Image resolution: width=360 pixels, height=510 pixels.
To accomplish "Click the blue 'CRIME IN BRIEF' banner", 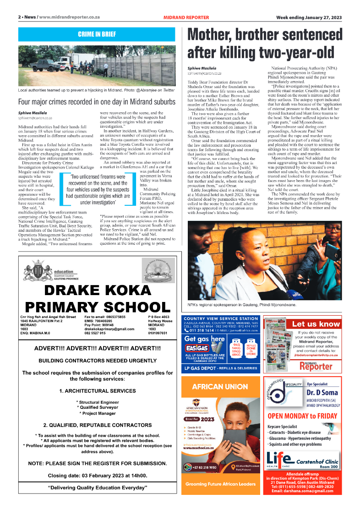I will pyautogui.click(x=96, y=34).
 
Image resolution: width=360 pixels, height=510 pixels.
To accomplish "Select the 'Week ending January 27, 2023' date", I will pyautogui.click(x=309, y=17).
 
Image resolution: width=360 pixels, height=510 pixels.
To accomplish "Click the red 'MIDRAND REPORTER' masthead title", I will pyautogui.click(x=186, y=17).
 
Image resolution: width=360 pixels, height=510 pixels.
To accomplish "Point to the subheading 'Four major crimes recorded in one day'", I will pyautogui.click(x=96, y=102).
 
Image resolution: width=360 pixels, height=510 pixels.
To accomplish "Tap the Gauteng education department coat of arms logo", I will pyautogui.click(x=35, y=270).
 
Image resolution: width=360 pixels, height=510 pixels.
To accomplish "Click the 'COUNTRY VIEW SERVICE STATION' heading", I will pyautogui.click(x=220, y=318).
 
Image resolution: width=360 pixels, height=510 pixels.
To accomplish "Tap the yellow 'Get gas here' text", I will pyautogui.click(x=204, y=339).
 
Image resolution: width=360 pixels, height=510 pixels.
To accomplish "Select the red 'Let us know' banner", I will pyautogui.click(x=316, y=324).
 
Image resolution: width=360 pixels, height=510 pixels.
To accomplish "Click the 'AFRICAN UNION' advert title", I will pyautogui.click(x=220, y=387).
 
